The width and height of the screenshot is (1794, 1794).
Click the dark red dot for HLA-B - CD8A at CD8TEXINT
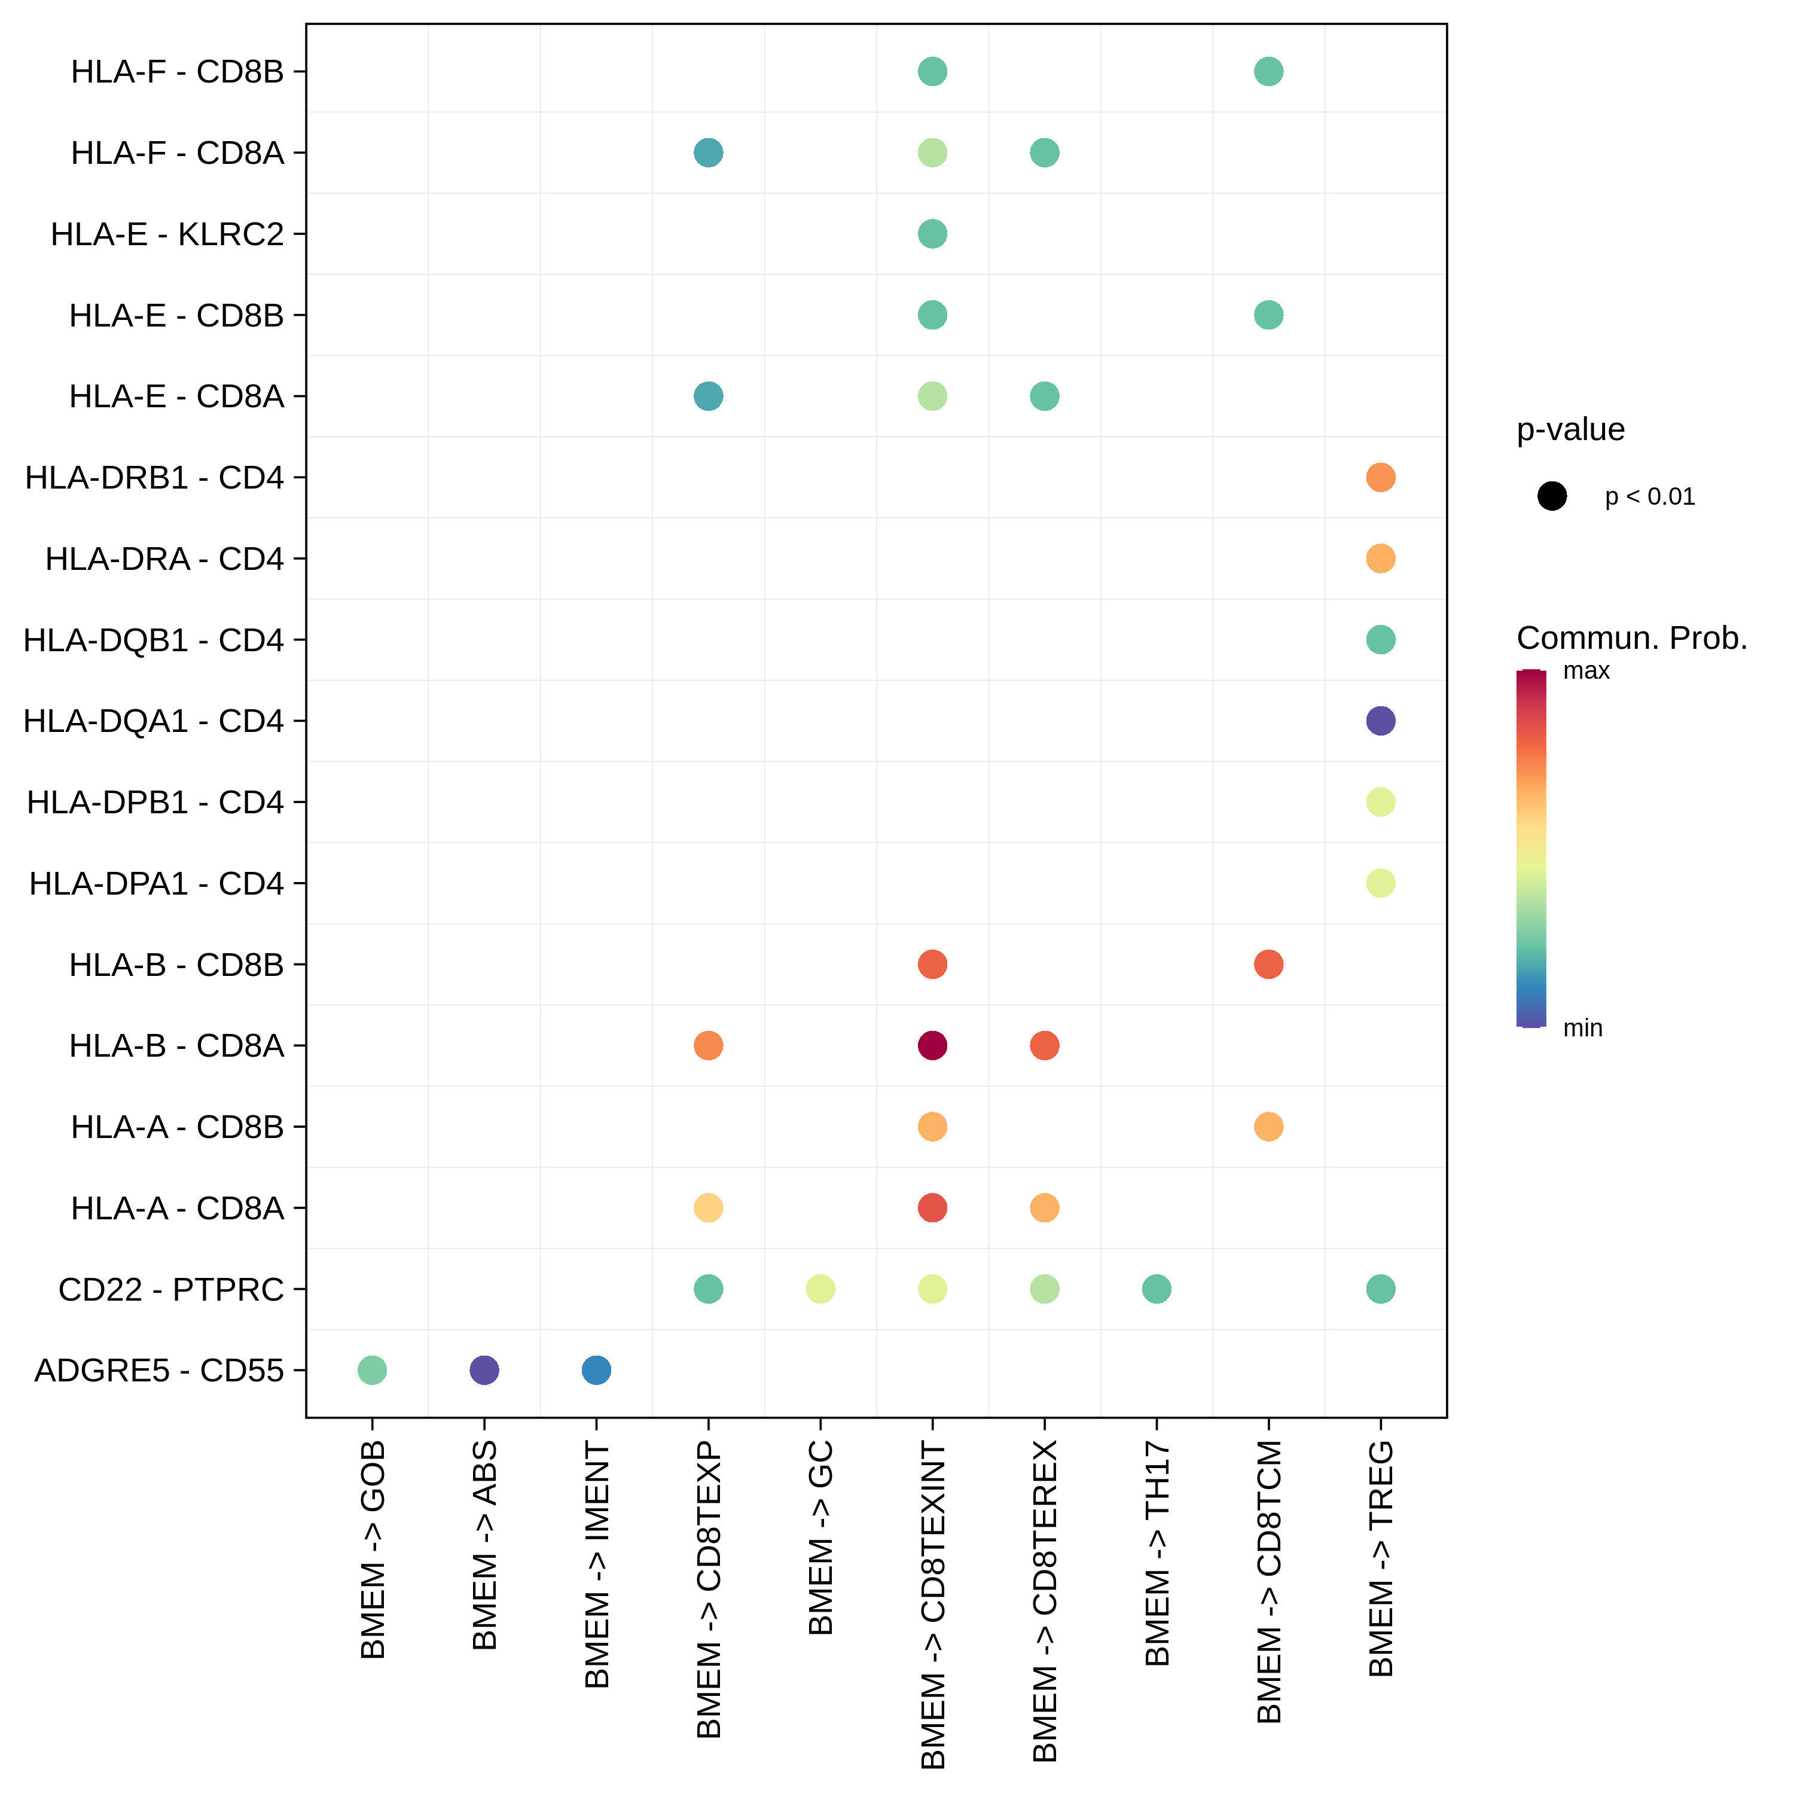click(x=932, y=1045)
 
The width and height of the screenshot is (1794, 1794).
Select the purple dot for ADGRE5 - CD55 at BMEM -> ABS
click(x=484, y=1369)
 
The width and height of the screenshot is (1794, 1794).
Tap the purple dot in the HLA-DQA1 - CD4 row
click(x=1381, y=721)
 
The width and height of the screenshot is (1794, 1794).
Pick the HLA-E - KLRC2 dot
click(x=932, y=234)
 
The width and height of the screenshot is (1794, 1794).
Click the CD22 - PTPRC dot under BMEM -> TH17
click(x=1156, y=1289)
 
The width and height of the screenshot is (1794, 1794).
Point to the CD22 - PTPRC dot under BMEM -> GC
click(x=820, y=1289)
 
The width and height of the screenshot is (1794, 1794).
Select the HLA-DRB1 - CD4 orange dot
click(x=1381, y=477)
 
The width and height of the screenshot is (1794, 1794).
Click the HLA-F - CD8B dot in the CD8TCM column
click(x=1268, y=72)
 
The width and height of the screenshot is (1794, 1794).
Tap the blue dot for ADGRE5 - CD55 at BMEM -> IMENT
click(x=596, y=1369)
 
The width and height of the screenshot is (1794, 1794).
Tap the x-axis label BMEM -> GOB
click(x=373, y=1550)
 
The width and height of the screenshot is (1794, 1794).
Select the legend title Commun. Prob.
click(x=1631, y=638)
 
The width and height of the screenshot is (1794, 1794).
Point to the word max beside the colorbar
click(x=1586, y=670)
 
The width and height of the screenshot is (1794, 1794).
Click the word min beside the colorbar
click(x=1582, y=1028)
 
